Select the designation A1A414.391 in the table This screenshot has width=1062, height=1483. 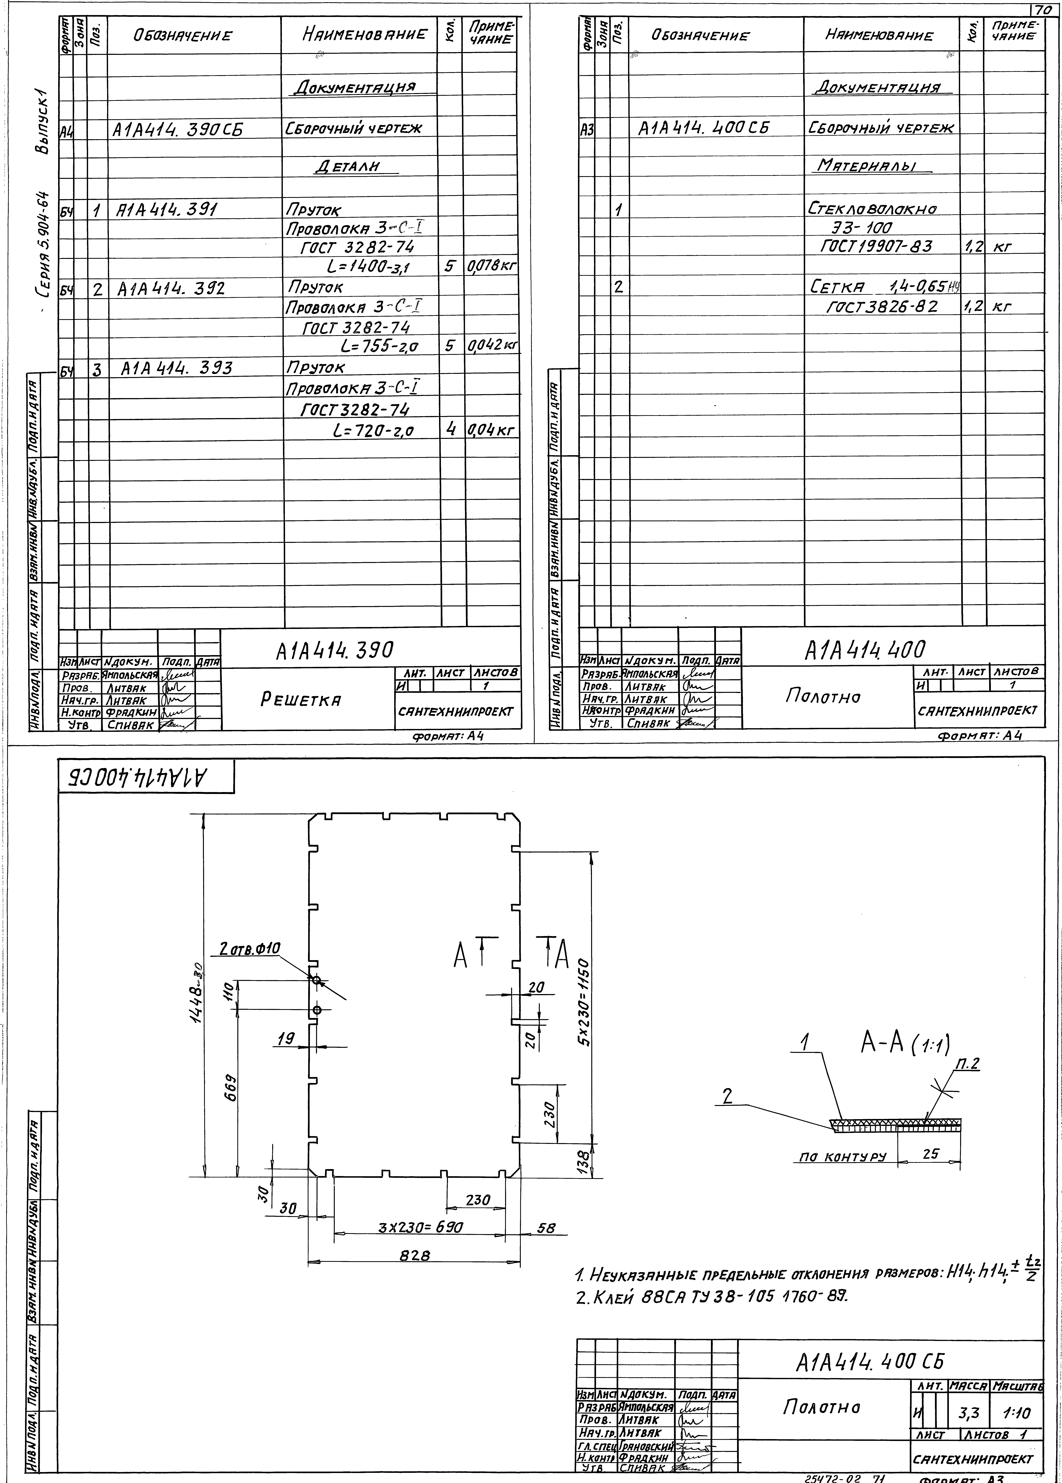tap(167, 209)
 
